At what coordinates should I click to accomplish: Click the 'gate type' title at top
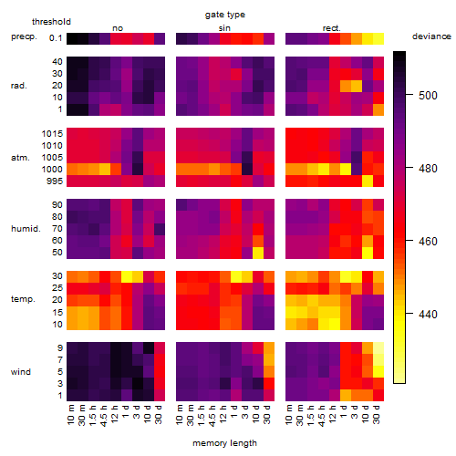point(225,15)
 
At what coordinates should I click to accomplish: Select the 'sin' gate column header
point(224,28)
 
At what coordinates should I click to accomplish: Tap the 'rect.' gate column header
point(332,28)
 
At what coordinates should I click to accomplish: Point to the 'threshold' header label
point(51,22)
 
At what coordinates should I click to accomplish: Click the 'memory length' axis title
point(225,443)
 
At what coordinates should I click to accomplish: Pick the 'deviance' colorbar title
point(431,36)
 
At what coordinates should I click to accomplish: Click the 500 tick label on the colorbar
point(428,96)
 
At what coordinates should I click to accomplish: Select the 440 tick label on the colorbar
point(428,314)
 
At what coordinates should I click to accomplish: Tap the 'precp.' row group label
point(24,36)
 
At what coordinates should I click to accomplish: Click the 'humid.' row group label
point(26,229)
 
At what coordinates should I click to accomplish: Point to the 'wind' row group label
point(21,372)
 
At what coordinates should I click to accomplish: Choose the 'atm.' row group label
point(20,158)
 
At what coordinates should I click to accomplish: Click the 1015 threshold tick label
point(52,134)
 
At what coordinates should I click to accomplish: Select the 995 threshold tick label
point(55,181)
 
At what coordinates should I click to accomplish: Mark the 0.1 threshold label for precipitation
point(56,38)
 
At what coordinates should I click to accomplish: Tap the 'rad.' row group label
point(19,86)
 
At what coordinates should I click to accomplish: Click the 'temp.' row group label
point(23,299)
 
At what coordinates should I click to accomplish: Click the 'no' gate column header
point(118,28)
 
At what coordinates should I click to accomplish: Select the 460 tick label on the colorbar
point(428,242)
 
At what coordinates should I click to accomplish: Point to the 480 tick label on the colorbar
point(428,169)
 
